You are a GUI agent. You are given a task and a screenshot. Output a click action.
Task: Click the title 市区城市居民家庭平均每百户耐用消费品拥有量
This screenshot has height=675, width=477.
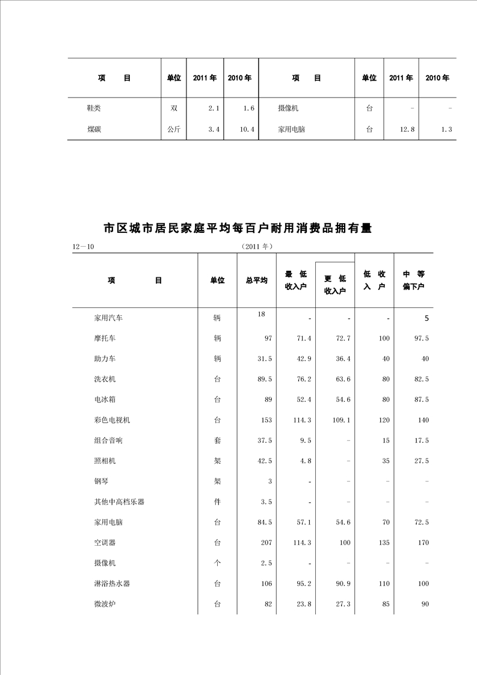pyautogui.click(x=238, y=229)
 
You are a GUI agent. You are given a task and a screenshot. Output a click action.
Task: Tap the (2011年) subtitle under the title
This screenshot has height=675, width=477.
pyautogui.click(x=256, y=247)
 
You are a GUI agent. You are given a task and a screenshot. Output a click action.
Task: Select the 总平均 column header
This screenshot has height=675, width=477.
pyautogui.click(x=257, y=280)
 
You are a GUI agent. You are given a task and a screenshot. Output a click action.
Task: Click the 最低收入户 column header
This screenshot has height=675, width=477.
pyautogui.click(x=295, y=280)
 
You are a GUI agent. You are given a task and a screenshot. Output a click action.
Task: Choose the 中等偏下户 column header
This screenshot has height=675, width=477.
pyautogui.click(x=414, y=280)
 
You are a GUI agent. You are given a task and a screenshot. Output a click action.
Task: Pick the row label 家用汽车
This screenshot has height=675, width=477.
pyautogui.click(x=108, y=318)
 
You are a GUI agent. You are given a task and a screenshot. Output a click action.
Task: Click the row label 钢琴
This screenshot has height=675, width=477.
pyautogui.click(x=100, y=481)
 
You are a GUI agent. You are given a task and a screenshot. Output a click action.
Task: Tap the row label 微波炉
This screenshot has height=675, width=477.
pyautogui.click(x=105, y=604)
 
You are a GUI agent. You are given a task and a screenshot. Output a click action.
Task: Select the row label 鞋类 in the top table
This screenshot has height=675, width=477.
pyautogui.click(x=94, y=108)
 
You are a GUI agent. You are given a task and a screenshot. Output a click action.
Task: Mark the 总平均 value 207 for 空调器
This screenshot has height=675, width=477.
pyautogui.click(x=265, y=543)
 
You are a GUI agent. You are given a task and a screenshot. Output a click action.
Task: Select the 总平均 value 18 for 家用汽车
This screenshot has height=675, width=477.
pyautogui.click(x=262, y=314)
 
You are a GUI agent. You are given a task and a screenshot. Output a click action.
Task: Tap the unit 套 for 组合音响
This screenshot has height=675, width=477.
pyautogui.click(x=217, y=440)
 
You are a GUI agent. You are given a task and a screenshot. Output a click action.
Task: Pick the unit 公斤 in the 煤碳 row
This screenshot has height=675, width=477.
pyautogui.click(x=174, y=129)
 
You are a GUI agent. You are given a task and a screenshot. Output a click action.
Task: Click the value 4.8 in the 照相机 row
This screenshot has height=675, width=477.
pyautogui.click(x=305, y=461)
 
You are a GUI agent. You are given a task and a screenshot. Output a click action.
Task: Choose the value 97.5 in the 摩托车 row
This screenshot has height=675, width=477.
pyautogui.click(x=419, y=339)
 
